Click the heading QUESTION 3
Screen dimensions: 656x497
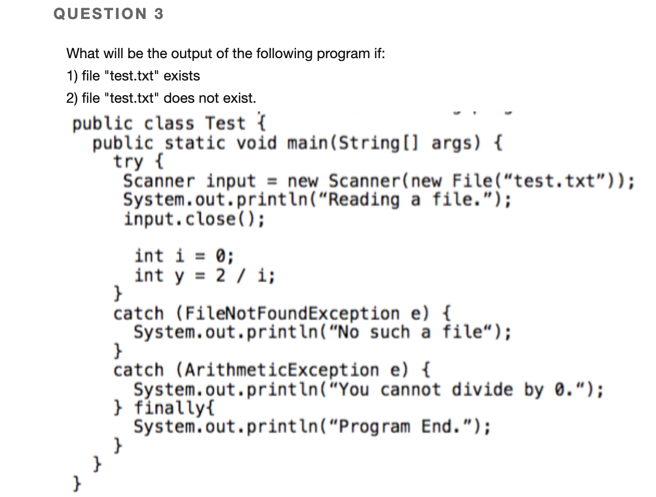[108, 14]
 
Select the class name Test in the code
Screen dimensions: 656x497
[226, 123]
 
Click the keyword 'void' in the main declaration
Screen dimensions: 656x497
[257, 143]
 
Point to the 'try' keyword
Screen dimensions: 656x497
[128, 162]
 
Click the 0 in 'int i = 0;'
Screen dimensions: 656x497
[221, 255]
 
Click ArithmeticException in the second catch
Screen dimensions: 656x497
[278, 370]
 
